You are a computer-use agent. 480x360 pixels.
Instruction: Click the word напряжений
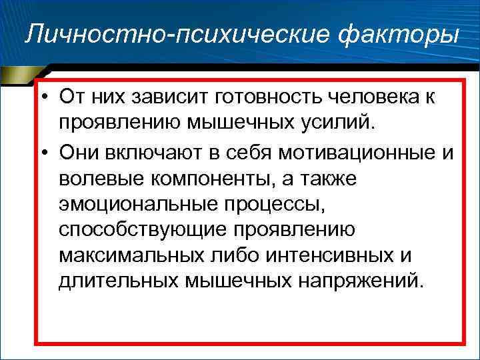click(357, 279)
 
